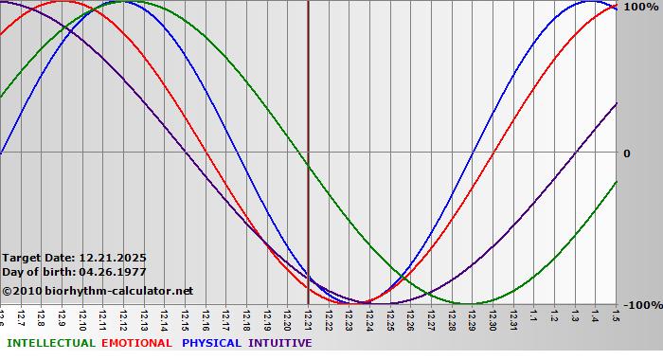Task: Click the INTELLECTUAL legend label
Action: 50,343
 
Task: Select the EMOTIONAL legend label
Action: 136,343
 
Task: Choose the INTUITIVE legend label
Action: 279,343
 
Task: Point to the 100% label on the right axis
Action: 639,7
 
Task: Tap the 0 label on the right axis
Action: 627,153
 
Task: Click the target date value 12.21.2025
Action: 113,258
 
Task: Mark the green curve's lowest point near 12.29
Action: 471,304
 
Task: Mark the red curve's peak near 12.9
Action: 63,2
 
